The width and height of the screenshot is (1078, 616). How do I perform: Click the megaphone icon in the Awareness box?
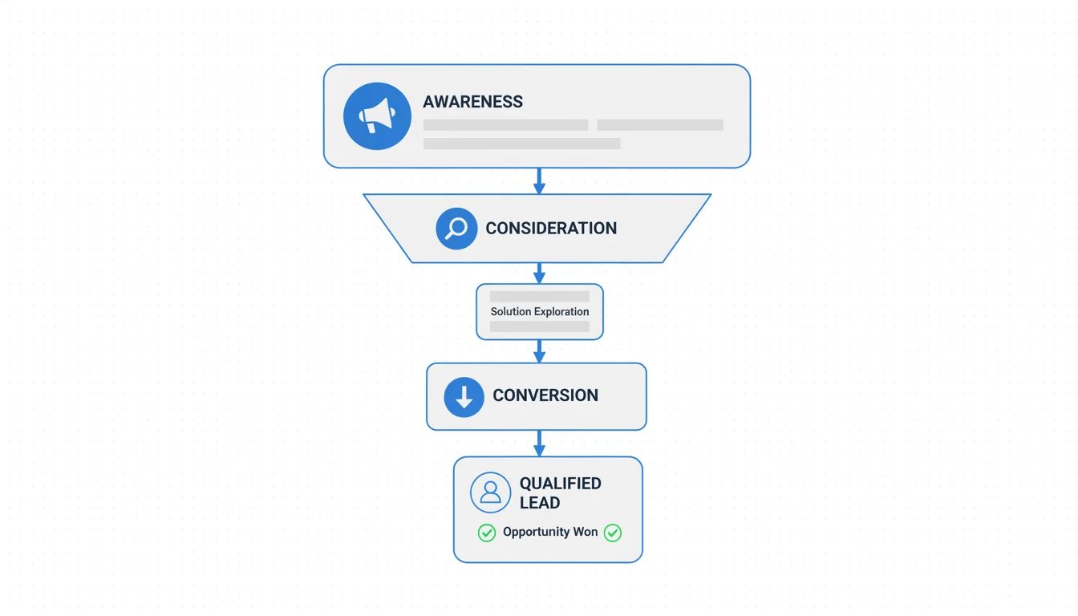(x=377, y=116)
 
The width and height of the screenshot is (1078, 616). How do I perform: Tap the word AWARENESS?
(x=472, y=102)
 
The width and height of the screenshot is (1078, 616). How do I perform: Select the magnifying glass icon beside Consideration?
(x=456, y=229)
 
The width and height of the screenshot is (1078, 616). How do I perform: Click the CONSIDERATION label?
(x=551, y=229)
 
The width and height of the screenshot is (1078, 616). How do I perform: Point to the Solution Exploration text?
(x=540, y=312)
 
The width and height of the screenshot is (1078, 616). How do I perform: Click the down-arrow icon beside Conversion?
(x=464, y=396)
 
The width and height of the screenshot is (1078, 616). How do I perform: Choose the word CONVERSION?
(x=545, y=395)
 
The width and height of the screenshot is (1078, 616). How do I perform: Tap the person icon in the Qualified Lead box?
(x=490, y=492)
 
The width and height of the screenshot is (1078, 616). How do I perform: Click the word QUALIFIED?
(x=560, y=484)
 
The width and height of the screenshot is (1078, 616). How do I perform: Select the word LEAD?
(x=540, y=503)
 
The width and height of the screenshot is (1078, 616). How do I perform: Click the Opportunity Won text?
(x=550, y=533)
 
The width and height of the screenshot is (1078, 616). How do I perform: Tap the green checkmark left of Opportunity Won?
(x=487, y=533)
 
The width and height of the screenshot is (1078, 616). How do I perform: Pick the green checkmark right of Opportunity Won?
(x=613, y=533)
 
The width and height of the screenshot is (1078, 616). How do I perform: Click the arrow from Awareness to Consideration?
(x=539, y=181)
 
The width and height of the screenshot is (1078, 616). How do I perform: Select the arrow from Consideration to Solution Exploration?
(x=539, y=274)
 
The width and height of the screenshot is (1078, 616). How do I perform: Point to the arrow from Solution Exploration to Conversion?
(x=539, y=351)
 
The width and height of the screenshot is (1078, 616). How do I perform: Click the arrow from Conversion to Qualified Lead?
(x=539, y=444)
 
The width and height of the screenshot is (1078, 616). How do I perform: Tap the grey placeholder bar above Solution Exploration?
(x=540, y=297)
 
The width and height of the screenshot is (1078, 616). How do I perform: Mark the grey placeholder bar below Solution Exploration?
(x=540, y=327)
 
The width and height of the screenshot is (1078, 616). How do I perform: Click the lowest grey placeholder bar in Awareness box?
(x=521, y=144)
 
